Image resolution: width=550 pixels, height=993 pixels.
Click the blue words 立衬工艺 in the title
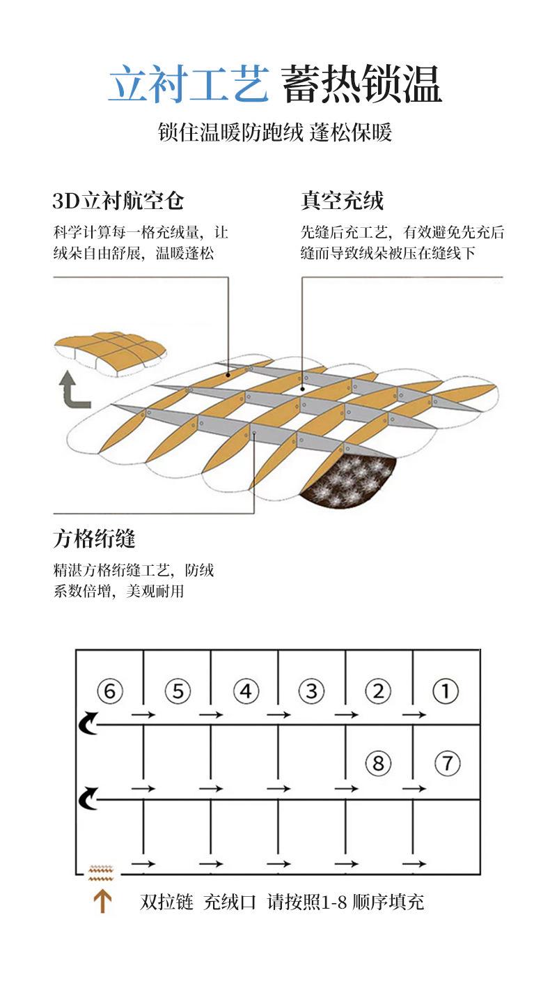click(x=188, y=85)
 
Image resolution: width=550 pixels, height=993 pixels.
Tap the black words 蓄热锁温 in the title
click(x=361, y=85)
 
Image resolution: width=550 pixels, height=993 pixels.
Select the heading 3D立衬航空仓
click(x=118, y=201)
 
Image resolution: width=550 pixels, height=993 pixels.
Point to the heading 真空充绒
click(x=343, y=201)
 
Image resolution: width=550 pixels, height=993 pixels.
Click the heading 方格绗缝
click(x=94, y=538)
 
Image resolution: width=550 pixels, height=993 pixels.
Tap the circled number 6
click(x=110, y=692)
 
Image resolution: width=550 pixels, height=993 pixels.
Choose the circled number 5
click(x=178, y=692)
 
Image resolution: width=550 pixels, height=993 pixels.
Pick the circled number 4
click(x=245, y=692)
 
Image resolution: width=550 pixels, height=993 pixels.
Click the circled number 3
click(x=311, y=692)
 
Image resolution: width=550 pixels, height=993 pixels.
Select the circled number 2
click(x=378, y=692)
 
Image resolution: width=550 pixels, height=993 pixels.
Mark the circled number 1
click(x=446, y=692)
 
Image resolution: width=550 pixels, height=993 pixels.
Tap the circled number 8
click(x=378, y=763)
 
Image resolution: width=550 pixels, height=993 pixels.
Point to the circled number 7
click(x=447, y=763)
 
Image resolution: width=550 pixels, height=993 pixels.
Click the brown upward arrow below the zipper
click(x=102, y=902)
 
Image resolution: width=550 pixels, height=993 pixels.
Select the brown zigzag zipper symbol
click(x=102, y=871)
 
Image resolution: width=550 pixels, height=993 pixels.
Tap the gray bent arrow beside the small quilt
click(x=72, y=390)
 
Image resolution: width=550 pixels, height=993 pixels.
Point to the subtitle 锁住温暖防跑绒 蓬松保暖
click(x=275, y=132)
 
